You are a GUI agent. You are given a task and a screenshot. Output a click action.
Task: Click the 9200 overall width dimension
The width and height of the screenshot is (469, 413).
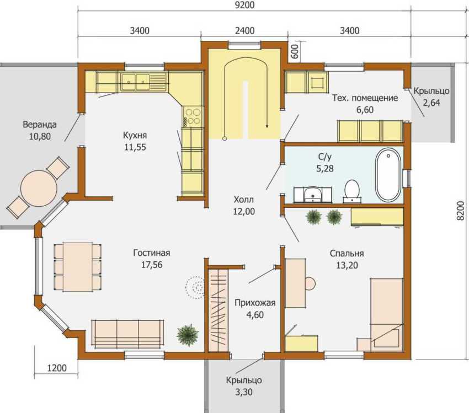coord(244,6)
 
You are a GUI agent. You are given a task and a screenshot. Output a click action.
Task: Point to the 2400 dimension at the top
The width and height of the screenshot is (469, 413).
coord(244,30)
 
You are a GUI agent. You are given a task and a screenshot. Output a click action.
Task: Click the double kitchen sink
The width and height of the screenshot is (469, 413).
coord(136,82)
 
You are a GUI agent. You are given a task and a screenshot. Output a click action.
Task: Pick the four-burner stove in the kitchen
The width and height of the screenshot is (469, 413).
coord(193,116)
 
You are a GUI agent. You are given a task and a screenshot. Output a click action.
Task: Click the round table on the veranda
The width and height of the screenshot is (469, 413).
coord(39,188)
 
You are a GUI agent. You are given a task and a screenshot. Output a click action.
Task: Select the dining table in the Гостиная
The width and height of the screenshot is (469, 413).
coord(78,266)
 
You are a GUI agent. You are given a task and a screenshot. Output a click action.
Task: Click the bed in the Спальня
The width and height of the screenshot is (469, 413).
coord(387,313)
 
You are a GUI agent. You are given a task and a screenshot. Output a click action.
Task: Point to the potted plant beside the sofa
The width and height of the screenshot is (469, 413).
coord(188,335)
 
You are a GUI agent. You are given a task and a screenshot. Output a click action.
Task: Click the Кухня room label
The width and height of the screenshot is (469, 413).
coord(135,141)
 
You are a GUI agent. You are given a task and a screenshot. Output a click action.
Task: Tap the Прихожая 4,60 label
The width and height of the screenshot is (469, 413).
coord(254,308)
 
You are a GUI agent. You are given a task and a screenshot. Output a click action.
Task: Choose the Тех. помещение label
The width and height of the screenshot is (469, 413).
coord(365,103)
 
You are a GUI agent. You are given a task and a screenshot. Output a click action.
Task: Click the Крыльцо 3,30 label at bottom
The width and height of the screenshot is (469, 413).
coord(244,386)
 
